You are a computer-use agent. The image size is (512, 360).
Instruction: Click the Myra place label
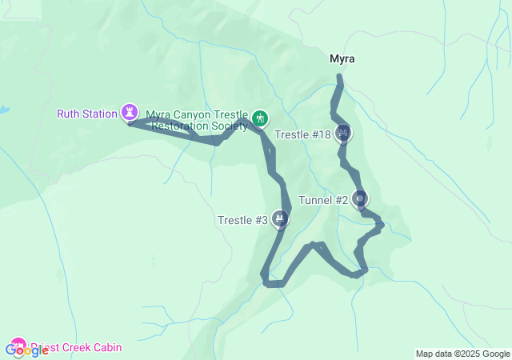[342, 58]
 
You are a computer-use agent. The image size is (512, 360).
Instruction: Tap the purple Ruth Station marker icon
[129, 112]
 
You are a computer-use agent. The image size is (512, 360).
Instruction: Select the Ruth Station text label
[87, 114]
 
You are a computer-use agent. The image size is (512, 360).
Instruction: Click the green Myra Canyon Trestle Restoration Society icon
[259, 119]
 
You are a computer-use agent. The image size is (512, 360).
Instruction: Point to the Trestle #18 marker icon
[343, 133]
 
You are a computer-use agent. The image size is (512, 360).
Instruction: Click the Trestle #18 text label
[302, 134]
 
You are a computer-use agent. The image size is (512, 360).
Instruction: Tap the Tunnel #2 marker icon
[360, 198]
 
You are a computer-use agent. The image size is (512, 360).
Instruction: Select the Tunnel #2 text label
[323, 200]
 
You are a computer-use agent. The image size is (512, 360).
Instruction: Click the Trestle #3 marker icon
[279, 218]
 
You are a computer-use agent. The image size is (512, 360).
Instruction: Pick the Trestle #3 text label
[242, 220]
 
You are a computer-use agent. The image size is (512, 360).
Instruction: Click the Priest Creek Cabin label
[76, 348]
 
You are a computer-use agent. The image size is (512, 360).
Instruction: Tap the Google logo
[26, 350]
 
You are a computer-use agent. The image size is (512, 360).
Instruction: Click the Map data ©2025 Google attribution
[462, 354]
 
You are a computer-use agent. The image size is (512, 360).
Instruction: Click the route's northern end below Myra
[340, 78]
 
